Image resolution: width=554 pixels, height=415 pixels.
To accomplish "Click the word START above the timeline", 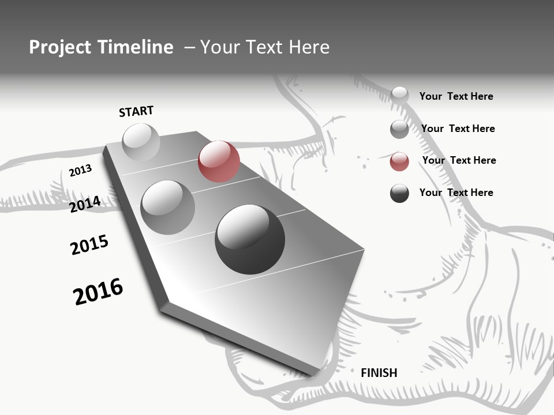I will [x=136, y=111].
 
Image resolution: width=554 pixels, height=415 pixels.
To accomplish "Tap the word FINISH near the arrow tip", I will [x=379, y=373].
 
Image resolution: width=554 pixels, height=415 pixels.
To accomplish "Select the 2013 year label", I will [x=81, y=171].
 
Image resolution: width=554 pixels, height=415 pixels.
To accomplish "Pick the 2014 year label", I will [x=85, y=204].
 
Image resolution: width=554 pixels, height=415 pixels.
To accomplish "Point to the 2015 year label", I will [x=89, y=245].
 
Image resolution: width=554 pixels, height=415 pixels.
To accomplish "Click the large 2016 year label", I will [x=98, y=291].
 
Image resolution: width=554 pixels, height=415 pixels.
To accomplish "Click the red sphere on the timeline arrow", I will [x=219, y=161].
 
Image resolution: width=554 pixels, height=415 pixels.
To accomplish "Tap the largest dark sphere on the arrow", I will [x=250, y=239].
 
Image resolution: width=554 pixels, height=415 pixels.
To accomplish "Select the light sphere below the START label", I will [x=141, y=142].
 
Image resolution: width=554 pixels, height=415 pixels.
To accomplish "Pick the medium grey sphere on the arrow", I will [x=167, y=207].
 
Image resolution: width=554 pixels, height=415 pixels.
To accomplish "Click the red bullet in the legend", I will [x=399, y=161].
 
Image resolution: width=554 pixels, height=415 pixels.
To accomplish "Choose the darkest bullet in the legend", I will [x=399, y=193].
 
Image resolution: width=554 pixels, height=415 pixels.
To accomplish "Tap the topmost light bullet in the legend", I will [x=399, y=95].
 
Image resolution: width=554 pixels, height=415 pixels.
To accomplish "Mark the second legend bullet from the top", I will [x=399, y=129].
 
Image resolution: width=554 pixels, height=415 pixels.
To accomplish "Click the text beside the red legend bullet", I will [x=459, y=160].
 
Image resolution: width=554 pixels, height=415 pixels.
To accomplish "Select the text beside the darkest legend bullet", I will [x=456, y=193].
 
